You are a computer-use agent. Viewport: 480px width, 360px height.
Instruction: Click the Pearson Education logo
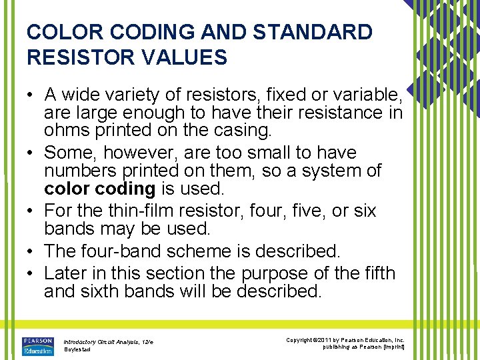[38, 346]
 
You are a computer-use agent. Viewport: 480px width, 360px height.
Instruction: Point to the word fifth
[379, 273]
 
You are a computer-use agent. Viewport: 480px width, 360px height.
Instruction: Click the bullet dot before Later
[31, 273]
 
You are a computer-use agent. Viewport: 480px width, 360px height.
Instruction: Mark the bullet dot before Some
[31, 153]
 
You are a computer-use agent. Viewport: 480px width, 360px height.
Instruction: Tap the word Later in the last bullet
[65, 273]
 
